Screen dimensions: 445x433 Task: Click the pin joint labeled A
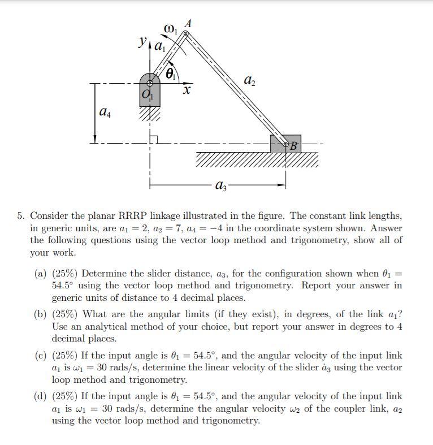185,34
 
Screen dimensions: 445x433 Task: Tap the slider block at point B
286,144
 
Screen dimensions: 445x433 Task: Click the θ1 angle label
172,74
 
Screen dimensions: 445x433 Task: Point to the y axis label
143,41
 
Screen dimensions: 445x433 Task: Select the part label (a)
41,273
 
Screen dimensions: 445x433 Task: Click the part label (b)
41,314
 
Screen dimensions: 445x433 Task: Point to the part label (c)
41,355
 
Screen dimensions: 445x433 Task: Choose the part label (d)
41,396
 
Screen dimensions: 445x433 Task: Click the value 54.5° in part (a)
64,286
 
